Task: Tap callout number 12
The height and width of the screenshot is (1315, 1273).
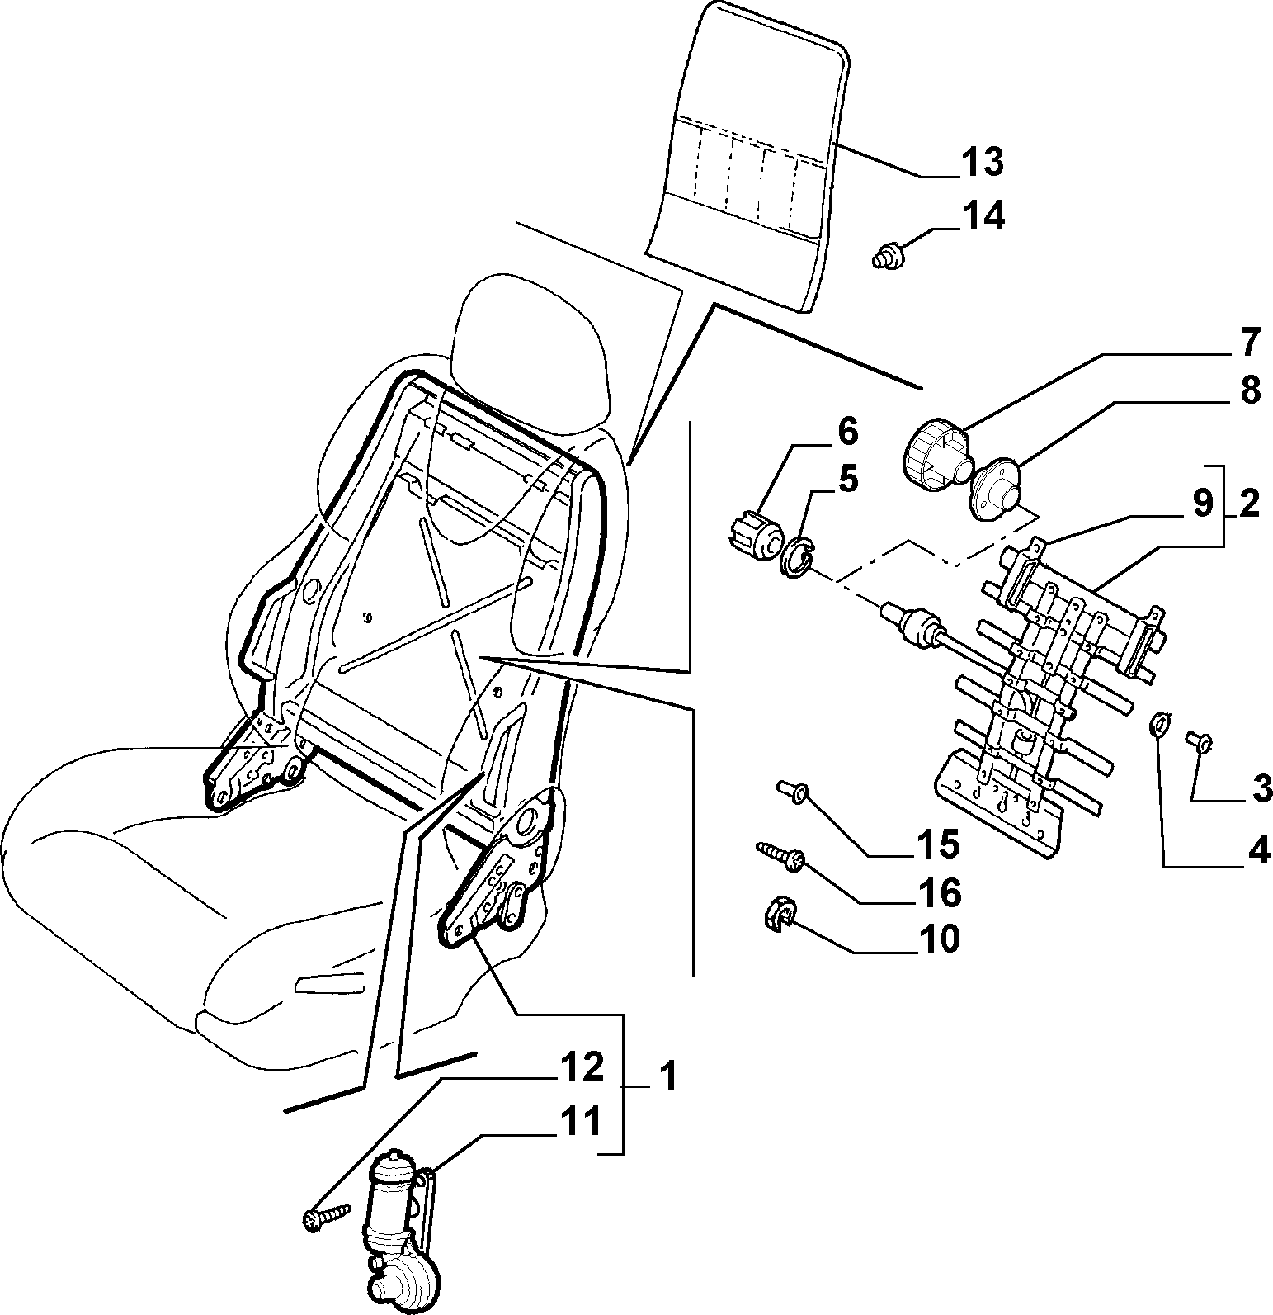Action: pyautogui.click(x=582, y=1068)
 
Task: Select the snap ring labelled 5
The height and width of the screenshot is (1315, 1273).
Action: pyautogui.click(x=797, y=559)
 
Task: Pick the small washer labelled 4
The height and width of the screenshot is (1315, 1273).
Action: pyautogui.click(x=1158, y=724)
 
